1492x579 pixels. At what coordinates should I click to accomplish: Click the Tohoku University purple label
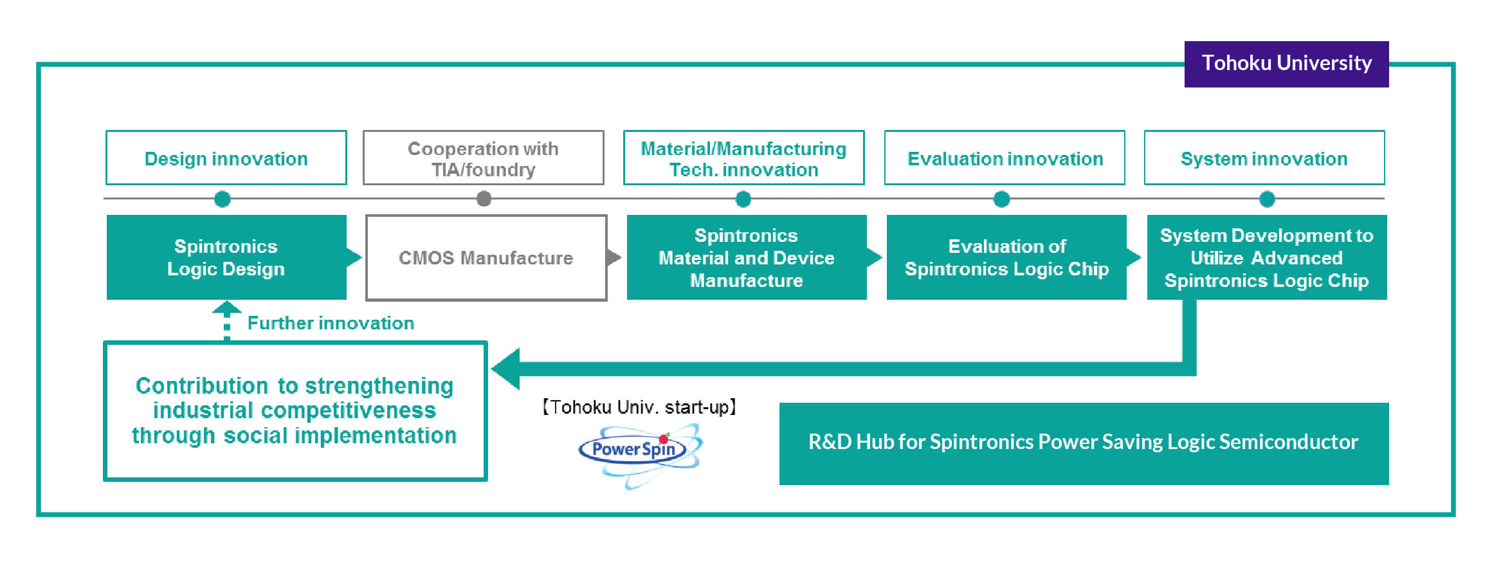1286,64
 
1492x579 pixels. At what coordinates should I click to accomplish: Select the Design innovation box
226,158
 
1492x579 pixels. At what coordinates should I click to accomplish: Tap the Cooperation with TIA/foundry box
483,158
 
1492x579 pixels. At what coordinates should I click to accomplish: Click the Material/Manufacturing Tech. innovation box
743,158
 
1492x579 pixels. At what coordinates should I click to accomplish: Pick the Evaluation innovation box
1005,158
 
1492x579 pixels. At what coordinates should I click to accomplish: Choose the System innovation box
1264,158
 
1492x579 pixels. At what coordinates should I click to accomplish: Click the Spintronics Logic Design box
226,257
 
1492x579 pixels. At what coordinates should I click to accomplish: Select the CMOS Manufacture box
486,258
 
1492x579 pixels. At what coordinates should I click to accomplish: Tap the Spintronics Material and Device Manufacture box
746,257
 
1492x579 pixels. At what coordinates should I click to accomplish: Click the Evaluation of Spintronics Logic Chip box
1006,257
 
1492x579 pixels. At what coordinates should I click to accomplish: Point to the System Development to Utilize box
1266,257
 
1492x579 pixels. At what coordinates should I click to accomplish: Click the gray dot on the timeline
484,199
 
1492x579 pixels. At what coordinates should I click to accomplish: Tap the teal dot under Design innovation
223,199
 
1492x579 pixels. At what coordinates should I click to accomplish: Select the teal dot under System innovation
1267,199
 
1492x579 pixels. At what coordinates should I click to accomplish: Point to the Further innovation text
331,323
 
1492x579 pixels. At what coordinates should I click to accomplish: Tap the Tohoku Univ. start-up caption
639,407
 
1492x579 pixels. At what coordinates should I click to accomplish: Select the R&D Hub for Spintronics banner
1084,443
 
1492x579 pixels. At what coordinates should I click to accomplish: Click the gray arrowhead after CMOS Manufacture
614,257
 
